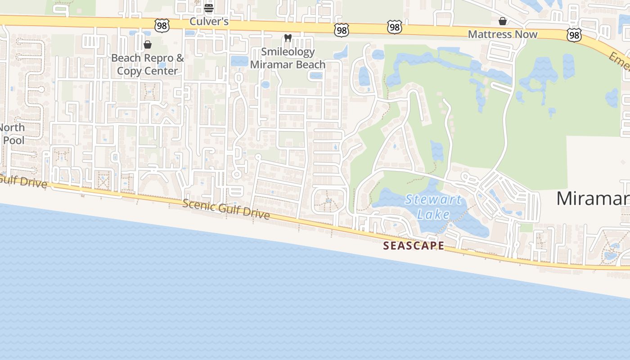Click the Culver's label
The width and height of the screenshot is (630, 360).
pos(209,21)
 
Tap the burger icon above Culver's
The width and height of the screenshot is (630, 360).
pos(208,8)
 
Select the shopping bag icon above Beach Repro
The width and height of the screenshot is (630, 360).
pos(147,45)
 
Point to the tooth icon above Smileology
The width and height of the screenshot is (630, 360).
pos(288,38)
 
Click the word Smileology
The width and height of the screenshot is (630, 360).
pos(288,52)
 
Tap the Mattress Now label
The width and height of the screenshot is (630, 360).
pos(503,34)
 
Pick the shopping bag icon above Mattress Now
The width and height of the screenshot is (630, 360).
pos(503,21)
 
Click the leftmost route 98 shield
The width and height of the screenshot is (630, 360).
pos(162,26)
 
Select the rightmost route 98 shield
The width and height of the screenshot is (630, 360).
pos(574,35)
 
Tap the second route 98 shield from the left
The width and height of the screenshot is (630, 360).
pos(342,30)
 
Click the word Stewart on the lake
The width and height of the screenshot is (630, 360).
pos(433,199)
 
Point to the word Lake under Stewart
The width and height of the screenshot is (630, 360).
pos(433,214)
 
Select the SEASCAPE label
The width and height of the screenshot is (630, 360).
pos(414,246)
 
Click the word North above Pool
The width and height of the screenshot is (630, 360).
pos(12,127)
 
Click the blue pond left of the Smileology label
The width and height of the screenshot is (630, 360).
pos(239,61)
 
